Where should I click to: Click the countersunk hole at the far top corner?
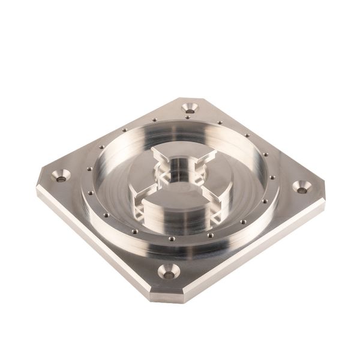191,108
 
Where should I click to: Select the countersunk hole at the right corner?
301,188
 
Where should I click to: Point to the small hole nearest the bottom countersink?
172,239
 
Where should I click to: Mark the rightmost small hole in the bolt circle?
273,177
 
